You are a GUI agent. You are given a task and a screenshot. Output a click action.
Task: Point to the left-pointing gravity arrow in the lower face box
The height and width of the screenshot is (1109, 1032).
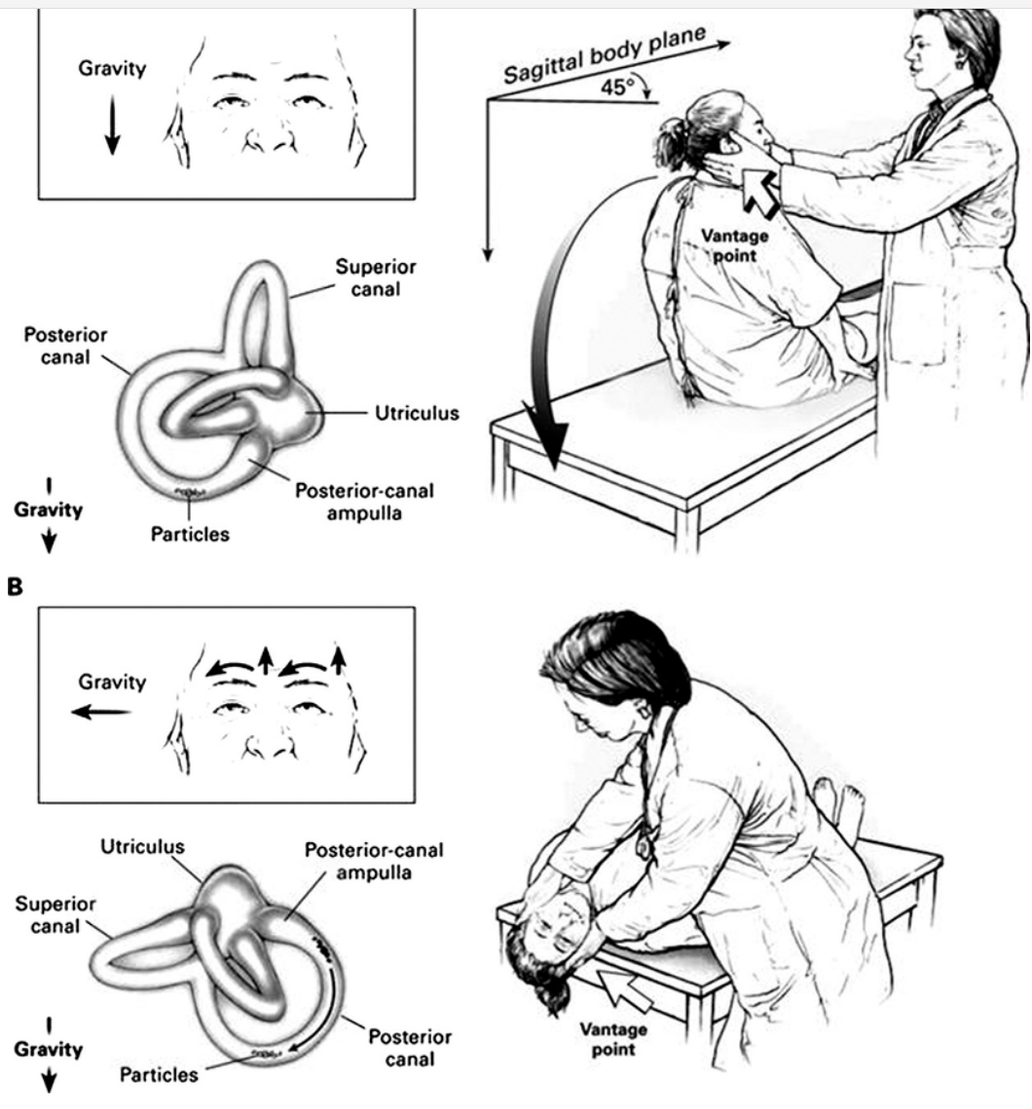[x=100, y=713]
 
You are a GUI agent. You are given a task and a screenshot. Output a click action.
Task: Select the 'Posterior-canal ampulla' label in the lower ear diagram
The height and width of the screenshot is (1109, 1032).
[x=375, y=860]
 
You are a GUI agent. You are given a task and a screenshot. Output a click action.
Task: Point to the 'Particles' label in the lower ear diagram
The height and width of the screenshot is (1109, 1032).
[x=158, y=1075]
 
